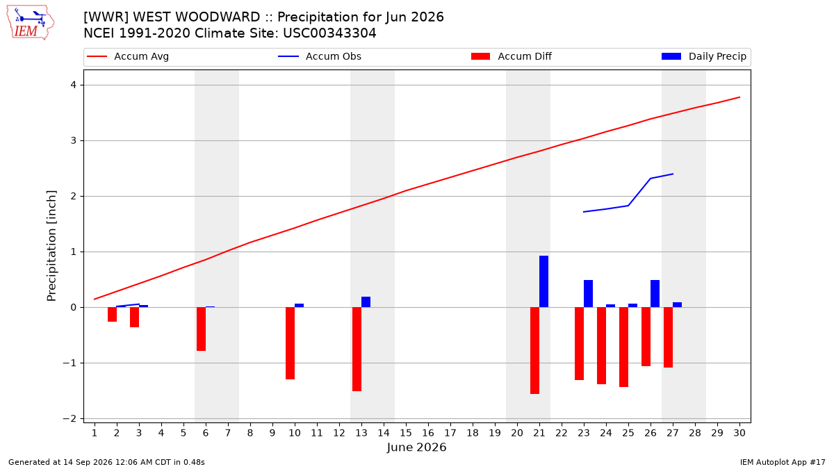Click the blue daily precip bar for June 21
[x=543, y=281]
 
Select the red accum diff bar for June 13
[x=357, y=349]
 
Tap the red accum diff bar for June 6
[x=201, y=329]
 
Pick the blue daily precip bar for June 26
[x=655, y=294]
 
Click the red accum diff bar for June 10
[x=290, y=343]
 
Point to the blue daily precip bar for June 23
[x=588, y=294]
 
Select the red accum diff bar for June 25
[x=623, y=347]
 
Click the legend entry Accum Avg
[x=128, y=56]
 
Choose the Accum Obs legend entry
[x=320, y=56]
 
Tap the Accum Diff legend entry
[x=512, y=56]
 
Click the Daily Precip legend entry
[x=703, y=56]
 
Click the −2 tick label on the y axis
[x=69, y=419]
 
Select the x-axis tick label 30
[x=739, y=433]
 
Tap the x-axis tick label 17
[x=450, y=433]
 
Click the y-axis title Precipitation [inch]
[x=51, y=246]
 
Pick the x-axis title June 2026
[x=416, y=447]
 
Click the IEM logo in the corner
[x=30, y=23]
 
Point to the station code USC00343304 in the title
[x=329, y=33]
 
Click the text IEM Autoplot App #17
[x=783, y=462]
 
